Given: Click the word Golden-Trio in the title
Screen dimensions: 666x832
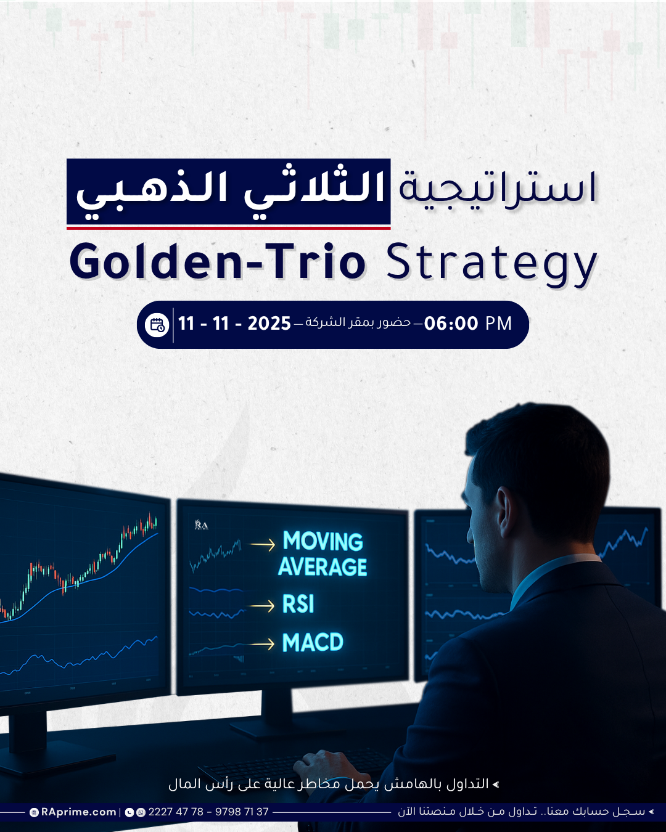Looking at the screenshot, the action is pyautogui.click(x=218, y=261).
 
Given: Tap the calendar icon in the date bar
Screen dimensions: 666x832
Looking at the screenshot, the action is pyautogui.click(x=157, y=325).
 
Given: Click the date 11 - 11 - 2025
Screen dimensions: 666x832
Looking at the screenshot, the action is pyautogui.click(x=234, y=324).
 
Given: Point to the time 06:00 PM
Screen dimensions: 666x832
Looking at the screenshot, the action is pyautogui.click(x=468, y=324).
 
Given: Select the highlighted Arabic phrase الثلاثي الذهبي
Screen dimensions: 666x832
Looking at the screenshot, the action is pyautogui.click(x=230, y=192).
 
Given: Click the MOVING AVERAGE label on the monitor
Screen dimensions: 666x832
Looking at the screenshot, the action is pyautogui.click(x=323, y=553).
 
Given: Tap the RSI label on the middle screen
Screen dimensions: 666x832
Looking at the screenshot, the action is pyautogui.click(x=298, y=605).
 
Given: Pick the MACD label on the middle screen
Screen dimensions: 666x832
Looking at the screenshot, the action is pyautogui.click(x=313, y=643).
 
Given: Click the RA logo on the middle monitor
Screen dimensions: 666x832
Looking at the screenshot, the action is pyautogui.click(x=201, y=524).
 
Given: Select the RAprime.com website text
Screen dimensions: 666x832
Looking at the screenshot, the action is pyautogui.click(x=78, y=812).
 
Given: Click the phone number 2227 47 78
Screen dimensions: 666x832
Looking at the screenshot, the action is pyautogui.click(x=176, y=812).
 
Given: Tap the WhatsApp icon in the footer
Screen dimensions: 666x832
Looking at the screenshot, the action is pyautogui.click(x=141, y=812).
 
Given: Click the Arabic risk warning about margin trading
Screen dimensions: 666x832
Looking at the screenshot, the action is pyautogui.click(x=334, y=784).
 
